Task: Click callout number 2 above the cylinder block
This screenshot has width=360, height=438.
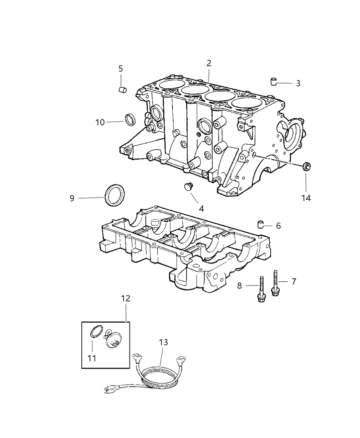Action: pyautogui.click(x=209, y=63)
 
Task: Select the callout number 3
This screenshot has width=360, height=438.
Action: pyautogui.click(x=298, y=83)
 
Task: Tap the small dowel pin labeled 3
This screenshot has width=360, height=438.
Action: pyautogui.click(x=274, y=82)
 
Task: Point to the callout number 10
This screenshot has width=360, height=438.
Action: pyautogui.click(x=100, y=122)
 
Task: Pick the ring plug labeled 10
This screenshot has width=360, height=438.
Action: pyautogui.click(x=131, y=119)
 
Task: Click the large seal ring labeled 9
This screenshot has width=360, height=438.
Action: pyautogui.click(x=115, y=195)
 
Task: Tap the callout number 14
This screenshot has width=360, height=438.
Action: pyautogui.click(x=306, y=198)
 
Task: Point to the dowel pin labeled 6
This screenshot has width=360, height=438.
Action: pyautogui.click(x=261, y=225)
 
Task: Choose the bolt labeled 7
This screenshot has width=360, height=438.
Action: pyautogui.click(x=275, y=283)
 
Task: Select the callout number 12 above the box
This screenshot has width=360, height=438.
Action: pyautogui.click(x=126, y=299)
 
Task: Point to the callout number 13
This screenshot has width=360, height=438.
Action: pyautogui.click(x=164, y=342)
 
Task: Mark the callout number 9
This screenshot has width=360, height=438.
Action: pyautogui.click(x=72, y=198)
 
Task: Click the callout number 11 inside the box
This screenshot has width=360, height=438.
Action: pyautogui.click(x=91, y=358)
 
